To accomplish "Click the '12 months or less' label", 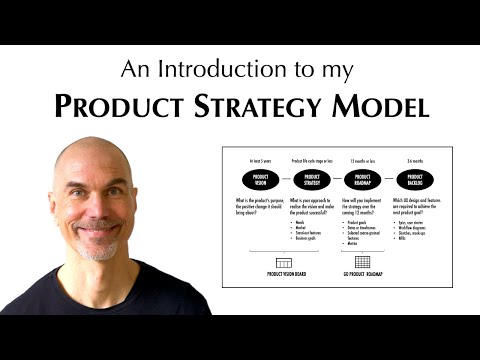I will click(x=362, y=160).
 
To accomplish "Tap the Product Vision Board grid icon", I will click(x=283, y=262).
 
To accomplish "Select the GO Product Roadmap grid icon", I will click(x=362, y=262).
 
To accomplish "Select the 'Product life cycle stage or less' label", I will click(x=311, y=160).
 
